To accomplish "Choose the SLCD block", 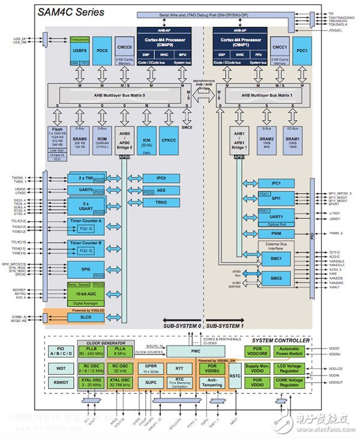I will (x=77, y=317).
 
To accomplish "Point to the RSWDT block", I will (x=58, y=382).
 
